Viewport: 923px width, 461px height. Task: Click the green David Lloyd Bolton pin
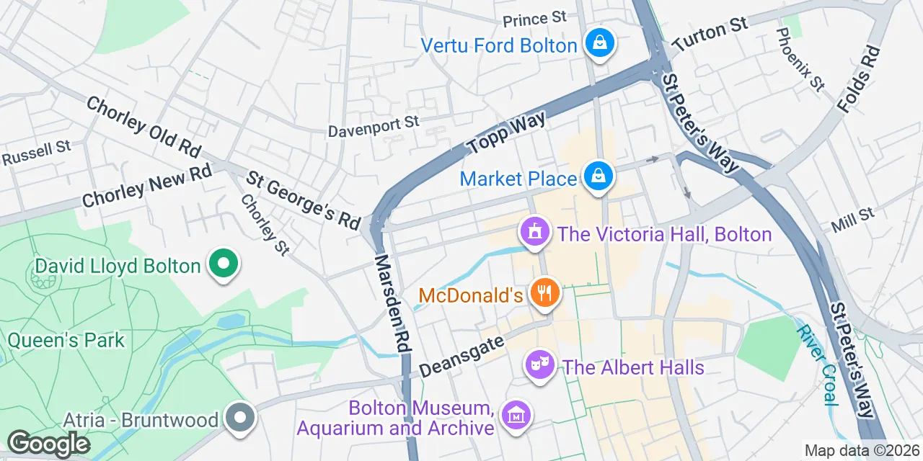[x=223, y=265]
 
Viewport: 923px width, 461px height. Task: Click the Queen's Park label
[x=66, y=339]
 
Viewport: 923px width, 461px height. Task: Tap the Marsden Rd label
[x=392, y=303]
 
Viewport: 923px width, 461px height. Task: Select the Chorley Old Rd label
[x=143, y=127]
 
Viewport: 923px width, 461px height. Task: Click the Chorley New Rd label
[x=147, y=185]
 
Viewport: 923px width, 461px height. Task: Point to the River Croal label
[x=817, y=364]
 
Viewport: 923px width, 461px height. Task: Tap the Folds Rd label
[x=859, y=79]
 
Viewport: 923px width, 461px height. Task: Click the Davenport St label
[x=374, y=127]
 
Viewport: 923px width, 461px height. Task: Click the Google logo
[x=48, y=443]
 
